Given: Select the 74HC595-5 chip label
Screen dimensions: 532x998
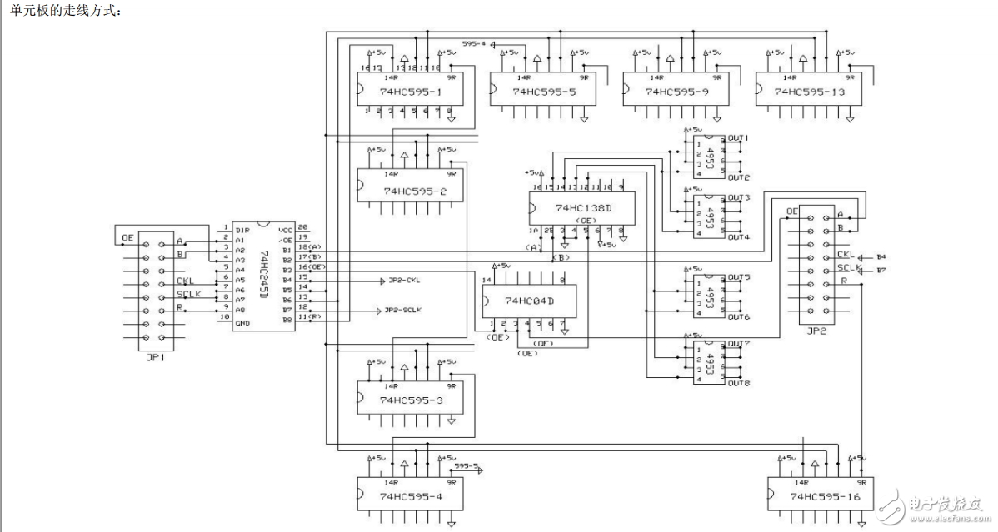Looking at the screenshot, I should coord(544,92).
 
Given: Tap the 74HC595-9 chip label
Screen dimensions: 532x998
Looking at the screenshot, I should coord(676,92).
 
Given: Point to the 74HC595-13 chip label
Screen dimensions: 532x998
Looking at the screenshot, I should coord(810,92).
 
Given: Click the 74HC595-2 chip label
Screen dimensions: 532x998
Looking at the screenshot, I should coord(414,191).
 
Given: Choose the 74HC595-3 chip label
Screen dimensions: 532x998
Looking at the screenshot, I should coord(411,400).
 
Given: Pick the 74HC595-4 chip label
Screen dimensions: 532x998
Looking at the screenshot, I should coord(411,497).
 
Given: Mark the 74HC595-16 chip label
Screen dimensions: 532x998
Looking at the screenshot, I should coord(824,497).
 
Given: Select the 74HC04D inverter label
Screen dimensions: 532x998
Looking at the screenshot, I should coord(529,301).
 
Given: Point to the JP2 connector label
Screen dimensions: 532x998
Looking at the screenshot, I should coord(816,331).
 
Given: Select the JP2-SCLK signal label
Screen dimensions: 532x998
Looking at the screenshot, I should coord(403,310).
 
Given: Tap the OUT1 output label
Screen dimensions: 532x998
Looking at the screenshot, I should coord(739,138).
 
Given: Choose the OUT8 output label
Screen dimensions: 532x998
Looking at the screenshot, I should coord(739,384).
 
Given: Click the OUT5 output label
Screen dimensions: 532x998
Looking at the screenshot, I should coord(739,277).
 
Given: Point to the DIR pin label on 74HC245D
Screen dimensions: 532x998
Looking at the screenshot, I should coord(242,230).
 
